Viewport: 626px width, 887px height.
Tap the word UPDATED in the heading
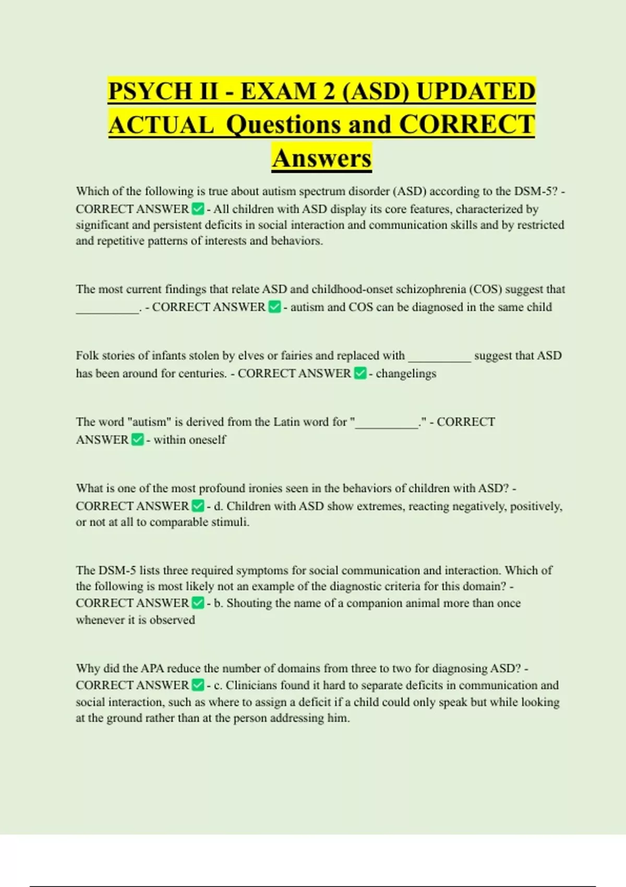(x=476, y=91)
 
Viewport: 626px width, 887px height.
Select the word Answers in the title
(x=321, y=158)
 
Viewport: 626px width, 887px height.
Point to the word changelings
(x=406, y=374)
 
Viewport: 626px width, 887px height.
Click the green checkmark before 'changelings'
(x=360, y=373)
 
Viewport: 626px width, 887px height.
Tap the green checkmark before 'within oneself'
(x=137, y=440)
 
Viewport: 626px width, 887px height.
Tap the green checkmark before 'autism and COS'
(x=274, y=307)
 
